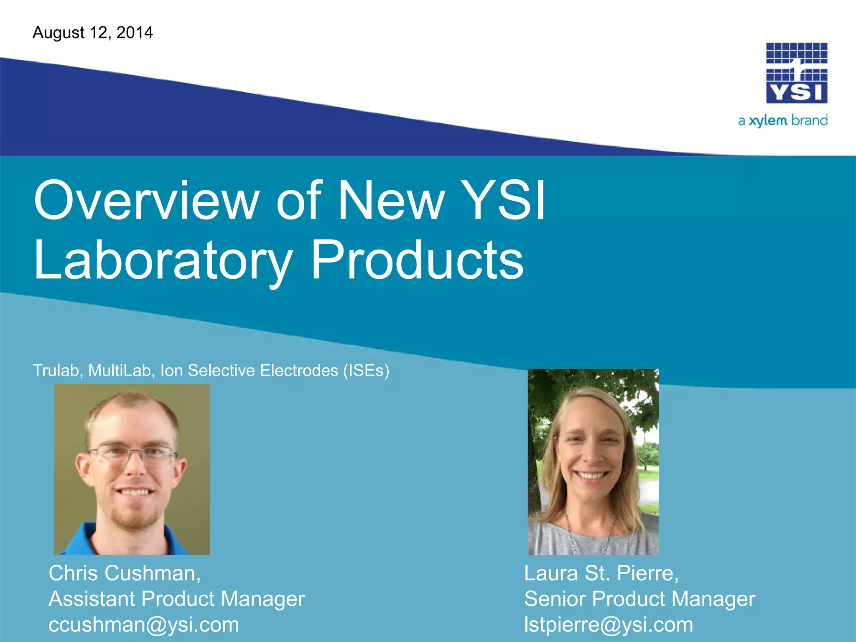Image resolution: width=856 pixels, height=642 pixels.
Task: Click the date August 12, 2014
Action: pyautogui.click(x=93, y=33)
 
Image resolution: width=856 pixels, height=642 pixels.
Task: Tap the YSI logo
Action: pyautogui.click(x=796, y=73)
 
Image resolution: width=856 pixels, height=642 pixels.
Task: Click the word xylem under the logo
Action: pyautogui.click(x=768, y=121)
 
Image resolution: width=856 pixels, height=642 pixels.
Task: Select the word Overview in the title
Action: pyautogui.click(x=147, y=200)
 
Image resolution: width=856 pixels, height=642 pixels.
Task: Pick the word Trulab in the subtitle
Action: pyautogui.click(x=56, y=371)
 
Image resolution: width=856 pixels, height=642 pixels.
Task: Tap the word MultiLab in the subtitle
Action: pyautogui.click(x=120, y=371)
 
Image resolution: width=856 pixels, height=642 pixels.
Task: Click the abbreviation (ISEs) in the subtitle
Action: pyautogui.click(x=366, y=371)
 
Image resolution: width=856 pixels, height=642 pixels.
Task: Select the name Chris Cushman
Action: pyautogui.click(x=124, y=573)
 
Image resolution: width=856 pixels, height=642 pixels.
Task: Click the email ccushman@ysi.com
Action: pyautogui.click(x=144, y=625)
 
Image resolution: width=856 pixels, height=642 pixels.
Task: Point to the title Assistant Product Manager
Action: pyautogui.click(x=176, y=599)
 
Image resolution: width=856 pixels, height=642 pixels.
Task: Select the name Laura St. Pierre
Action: pyautogui.click(x=601, y=573)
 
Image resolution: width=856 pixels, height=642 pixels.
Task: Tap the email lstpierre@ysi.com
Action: pyautogui.click(x=609, y=625)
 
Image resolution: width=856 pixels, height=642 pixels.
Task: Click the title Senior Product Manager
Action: pyautogui.click(x=639, y=599)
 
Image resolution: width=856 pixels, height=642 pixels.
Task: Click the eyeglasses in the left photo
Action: pyautogui.click(x=133, y=455)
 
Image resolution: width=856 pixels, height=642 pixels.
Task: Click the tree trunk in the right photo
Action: pyautogui.click(x=535, y=481)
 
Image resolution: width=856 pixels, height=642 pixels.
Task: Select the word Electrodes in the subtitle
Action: pyautogui.click(x=299, y=371)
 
